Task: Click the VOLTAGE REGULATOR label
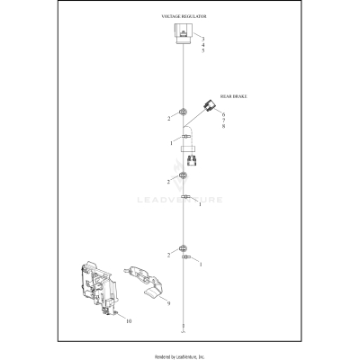183,17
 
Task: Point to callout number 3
203,39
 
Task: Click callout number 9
167,304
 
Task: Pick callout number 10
128,320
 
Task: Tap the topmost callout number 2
167,118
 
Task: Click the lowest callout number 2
167,256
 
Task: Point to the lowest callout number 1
200,264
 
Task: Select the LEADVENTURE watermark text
202,200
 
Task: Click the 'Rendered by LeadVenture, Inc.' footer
180,355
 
